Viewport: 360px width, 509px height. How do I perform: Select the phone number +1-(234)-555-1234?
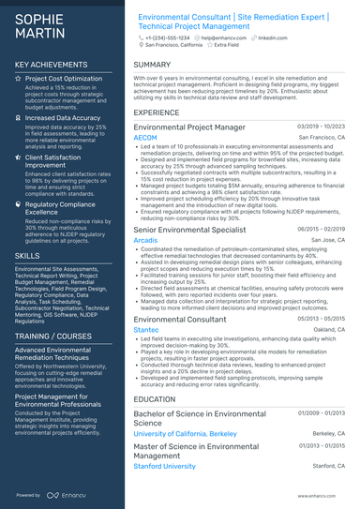(x=163, y=37)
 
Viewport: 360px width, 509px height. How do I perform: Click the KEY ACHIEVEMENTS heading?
(x=52, y=65)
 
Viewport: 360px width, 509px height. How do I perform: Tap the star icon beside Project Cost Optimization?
(x=20, y=80)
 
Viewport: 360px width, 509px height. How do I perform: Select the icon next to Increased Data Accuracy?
(x=20, y=119)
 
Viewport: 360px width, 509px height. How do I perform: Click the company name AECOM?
(x=145, y=138)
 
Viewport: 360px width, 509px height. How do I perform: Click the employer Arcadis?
(x=145, y=240)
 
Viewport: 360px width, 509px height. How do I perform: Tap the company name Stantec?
(x=146, y=330)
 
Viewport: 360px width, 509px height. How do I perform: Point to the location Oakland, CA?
(x=328, y=330)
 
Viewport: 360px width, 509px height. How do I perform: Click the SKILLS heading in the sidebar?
(x=27, y=255)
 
